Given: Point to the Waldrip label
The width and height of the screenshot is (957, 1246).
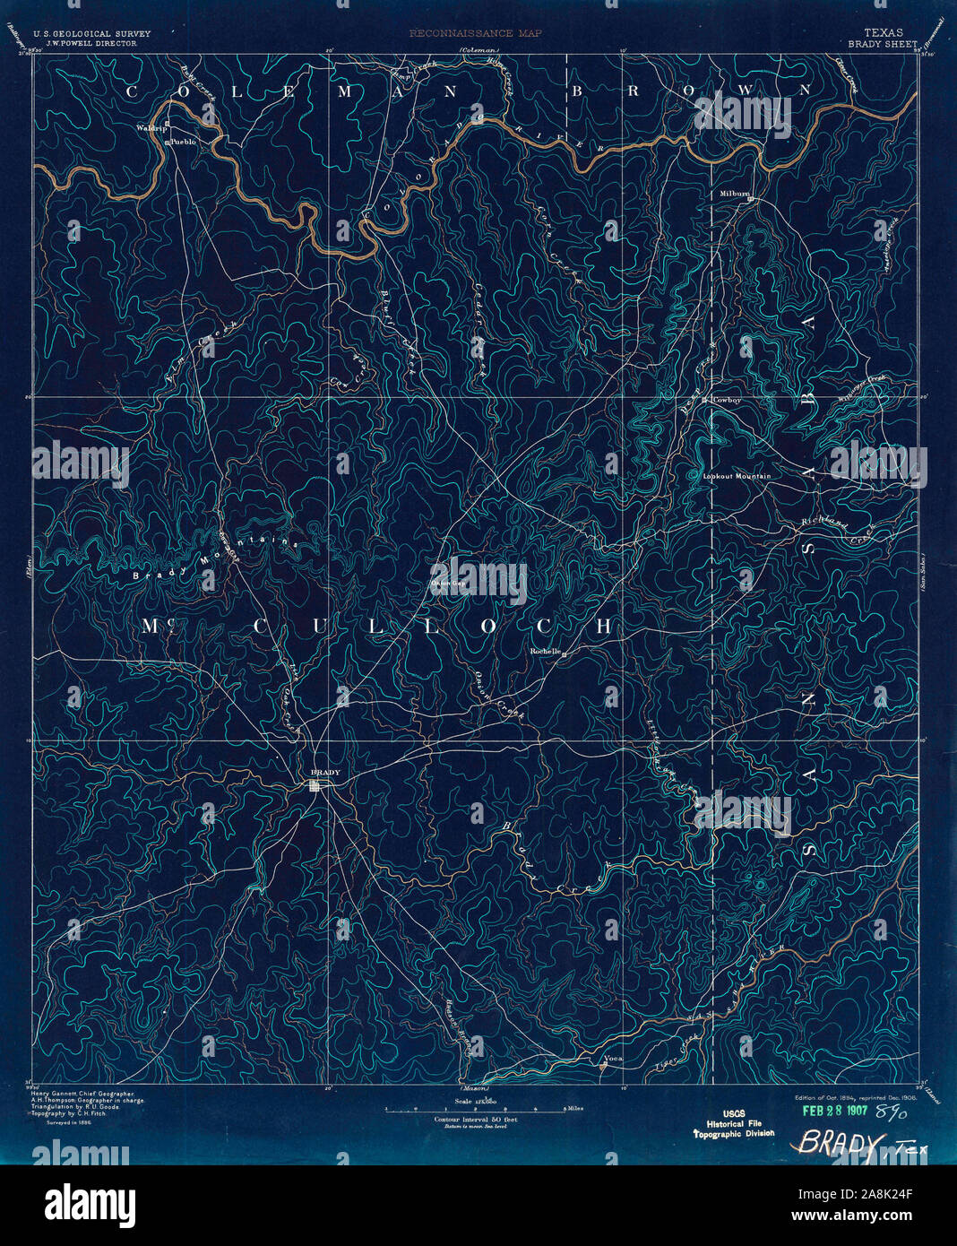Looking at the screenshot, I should tap(151, 128).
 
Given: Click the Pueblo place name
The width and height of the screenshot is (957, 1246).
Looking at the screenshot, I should tap(183, 142).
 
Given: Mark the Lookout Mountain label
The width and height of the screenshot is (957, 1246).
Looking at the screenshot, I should tap(737, 476).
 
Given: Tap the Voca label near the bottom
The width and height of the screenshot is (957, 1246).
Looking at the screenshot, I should tap(613, 1059).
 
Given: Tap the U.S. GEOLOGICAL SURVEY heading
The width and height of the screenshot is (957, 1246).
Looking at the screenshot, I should tap(91, 33).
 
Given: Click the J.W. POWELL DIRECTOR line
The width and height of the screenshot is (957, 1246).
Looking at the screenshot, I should tap(85, 42).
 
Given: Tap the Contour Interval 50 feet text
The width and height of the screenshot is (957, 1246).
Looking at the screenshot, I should tap(476, 1120).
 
